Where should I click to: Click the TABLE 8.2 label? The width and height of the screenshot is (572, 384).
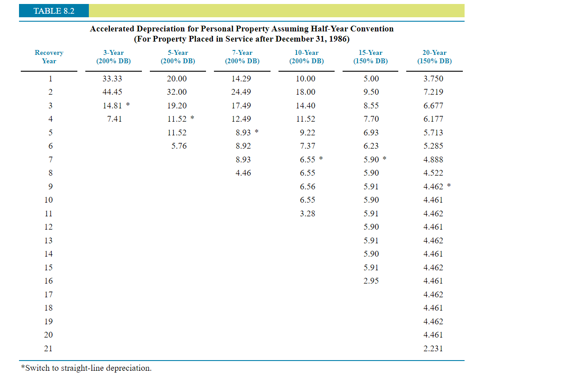(53, 11)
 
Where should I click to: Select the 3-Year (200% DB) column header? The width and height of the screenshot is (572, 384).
(113, 57)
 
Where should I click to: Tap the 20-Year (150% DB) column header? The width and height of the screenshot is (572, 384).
(434, 57)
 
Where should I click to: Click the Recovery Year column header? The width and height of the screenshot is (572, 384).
(49, 57)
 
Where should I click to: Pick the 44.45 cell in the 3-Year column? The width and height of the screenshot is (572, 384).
(112, 92)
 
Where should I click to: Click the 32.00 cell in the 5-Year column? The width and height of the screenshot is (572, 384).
(177, 92)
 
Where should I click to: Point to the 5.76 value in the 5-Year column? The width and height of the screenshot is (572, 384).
(179, 146)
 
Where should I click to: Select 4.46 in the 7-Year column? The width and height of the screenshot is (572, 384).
(243, 173)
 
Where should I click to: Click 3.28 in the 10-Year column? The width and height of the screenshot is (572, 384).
(307, 214)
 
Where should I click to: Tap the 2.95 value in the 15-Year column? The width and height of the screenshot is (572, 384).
(371, 281)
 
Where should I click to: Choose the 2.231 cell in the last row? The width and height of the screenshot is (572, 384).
(433, 349)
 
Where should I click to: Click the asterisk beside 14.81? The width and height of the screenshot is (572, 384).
(128, 105)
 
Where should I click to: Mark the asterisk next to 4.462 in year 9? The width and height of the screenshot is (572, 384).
(449, 186)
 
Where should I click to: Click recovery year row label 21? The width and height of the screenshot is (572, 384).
(48, 349)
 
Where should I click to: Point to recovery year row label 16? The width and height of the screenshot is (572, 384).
(48, 281)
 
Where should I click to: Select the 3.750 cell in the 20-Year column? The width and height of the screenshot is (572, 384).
(433, 79)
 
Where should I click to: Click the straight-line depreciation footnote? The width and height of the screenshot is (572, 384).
(86, 368)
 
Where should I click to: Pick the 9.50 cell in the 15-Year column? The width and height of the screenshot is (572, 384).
(371, 92)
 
